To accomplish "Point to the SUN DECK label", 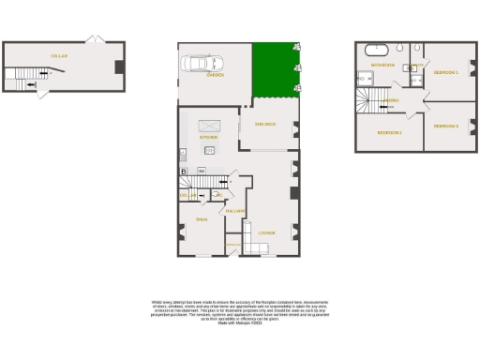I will click(x=264, y=124).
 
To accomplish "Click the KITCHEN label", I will click(x=208, y=137).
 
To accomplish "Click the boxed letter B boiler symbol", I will click(x=183, y=171).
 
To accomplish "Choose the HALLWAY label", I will click(x=234, y=211).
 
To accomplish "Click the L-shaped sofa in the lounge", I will click(x=257, y=247).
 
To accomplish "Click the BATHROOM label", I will click(x=382, y=65).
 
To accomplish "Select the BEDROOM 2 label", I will click(x=389, y=132).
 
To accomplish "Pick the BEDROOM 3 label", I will click(x=445, y=126).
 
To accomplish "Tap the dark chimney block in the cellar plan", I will click(x=117, y=67).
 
